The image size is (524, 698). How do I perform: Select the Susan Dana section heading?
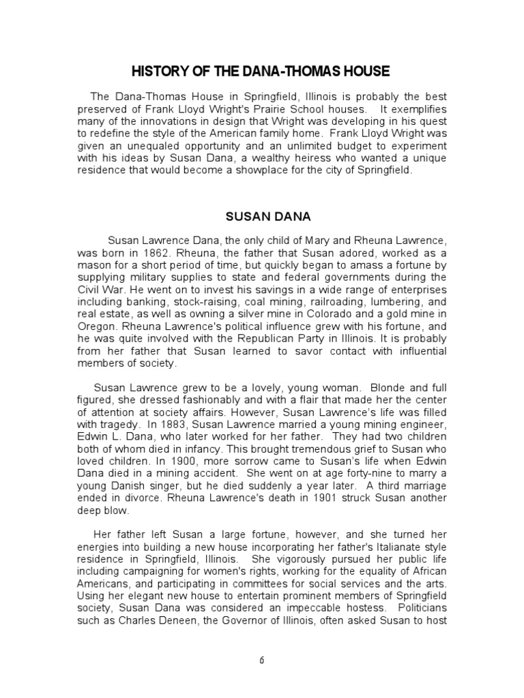tap(268, 217)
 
